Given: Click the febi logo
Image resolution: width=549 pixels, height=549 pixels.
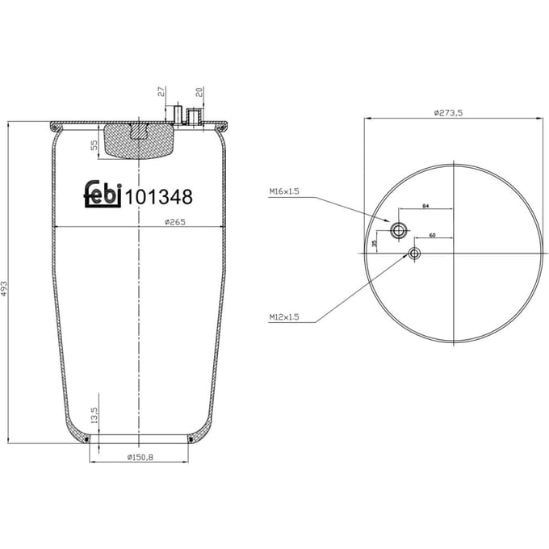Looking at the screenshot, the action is pos(103,194).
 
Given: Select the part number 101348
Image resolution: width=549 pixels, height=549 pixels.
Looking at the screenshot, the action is pos(159,197).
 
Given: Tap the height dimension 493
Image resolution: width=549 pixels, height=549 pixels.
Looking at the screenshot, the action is pos(4,288).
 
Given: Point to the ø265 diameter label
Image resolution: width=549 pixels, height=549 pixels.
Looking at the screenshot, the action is pos(175,222).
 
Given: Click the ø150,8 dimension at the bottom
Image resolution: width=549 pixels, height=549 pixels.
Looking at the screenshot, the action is pos(140,457).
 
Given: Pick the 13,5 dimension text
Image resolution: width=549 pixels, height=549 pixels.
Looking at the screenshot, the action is pos(94,415).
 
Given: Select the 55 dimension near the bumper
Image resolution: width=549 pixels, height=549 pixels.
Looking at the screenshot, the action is pos(94,145).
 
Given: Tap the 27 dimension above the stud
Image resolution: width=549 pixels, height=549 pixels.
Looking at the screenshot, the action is pos(161,92).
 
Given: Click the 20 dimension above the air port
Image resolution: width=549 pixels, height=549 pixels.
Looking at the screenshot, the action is pos(199,92).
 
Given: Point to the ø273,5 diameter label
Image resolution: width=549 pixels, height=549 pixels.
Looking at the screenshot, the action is pos(448,113).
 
